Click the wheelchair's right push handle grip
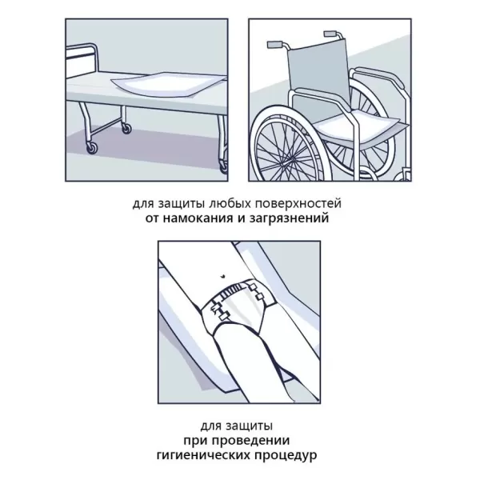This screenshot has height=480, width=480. coord(330,34)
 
